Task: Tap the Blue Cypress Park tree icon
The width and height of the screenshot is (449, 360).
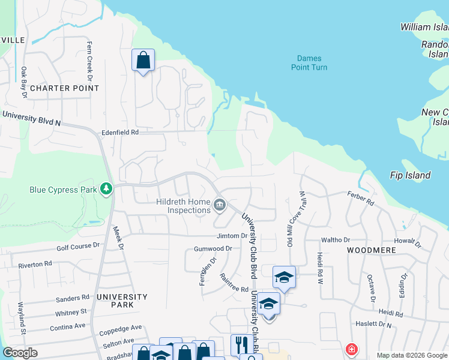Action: pos(106,190)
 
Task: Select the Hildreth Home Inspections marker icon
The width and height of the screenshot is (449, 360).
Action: pos(220,206)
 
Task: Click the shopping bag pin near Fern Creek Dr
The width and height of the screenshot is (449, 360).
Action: pos(143,60)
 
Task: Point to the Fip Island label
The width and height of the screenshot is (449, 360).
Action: pos(410,175)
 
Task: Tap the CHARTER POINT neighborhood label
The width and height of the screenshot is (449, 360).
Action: pos(64,88)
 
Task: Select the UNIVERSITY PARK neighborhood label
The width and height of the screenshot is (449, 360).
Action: pos(122,301)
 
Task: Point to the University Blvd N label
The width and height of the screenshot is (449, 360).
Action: pos(32,117)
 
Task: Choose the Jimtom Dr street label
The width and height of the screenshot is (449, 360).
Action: pos(232,236)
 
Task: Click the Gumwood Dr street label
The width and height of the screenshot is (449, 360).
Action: pos(212,248)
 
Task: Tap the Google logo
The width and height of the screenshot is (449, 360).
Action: pos(20,353)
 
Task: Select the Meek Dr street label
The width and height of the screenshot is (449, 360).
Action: pos(118,238)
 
